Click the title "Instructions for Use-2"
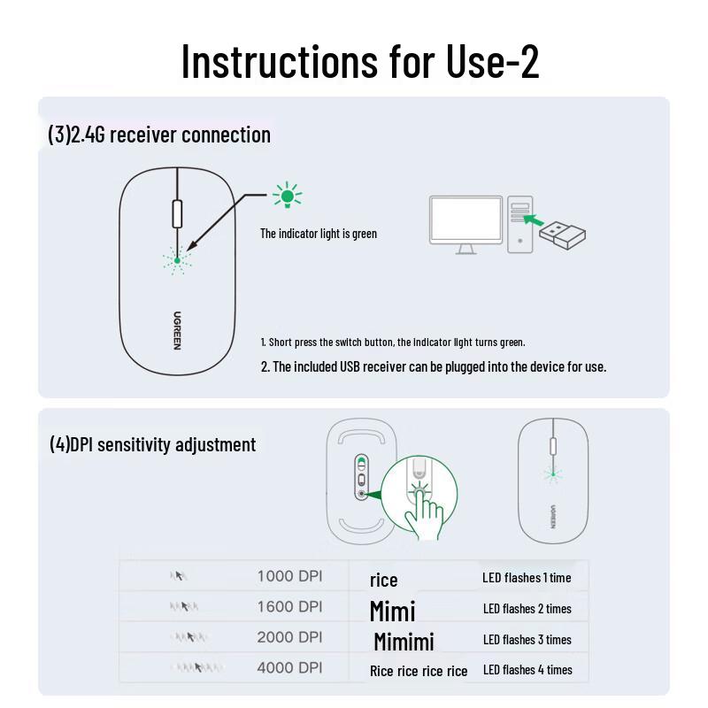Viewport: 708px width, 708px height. coord(359,60)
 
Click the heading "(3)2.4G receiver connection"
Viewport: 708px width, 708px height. coord(159,135)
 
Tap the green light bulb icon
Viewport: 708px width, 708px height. coord(287,196)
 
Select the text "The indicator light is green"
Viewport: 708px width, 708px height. coord(318,234)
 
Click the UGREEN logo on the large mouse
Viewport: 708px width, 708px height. coord(177,330)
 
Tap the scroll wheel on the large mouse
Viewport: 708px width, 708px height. coord(177,214)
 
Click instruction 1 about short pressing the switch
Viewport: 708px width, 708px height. coord(392,342)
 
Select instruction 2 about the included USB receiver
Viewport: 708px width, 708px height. coord(433,366)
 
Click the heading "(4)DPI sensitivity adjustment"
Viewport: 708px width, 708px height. coord(152,444)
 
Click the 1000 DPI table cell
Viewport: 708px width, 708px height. coord(289,576)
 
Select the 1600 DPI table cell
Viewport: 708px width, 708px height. coord(289,607)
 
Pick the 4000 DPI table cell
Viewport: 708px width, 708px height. coord(289,668)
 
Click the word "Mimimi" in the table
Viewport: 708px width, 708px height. coord(404,641)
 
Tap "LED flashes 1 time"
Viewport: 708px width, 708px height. coord(527,578)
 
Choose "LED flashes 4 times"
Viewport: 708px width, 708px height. coord(527,670)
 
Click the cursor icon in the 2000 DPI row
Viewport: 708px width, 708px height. coord(186,637)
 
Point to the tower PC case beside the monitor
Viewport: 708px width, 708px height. coord(520,225)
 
